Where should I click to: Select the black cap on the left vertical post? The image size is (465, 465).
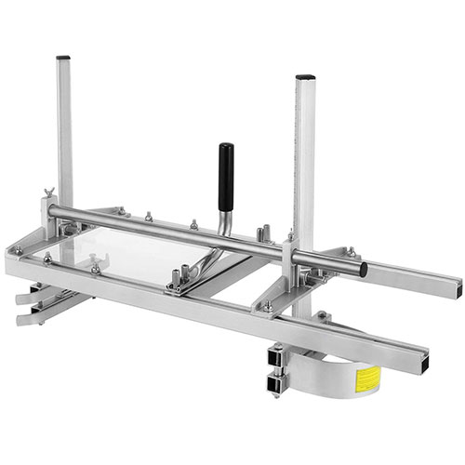click(63, 58)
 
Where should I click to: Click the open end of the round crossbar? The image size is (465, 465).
click(362, 270)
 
